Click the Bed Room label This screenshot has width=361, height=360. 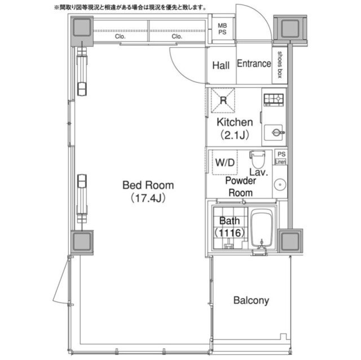148,185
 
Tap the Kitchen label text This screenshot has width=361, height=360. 235,122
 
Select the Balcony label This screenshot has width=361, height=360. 251,300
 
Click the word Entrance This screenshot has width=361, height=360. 254,64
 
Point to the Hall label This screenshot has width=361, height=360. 221,65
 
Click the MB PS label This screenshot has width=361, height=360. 222,29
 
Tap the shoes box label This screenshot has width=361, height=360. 280,65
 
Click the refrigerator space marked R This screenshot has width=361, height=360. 223,100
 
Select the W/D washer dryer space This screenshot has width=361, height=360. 224,162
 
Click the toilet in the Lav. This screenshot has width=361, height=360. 257,159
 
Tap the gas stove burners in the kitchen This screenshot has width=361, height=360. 274,100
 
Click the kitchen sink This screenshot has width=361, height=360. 274,132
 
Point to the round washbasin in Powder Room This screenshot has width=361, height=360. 280,184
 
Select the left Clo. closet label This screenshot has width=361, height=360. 120,37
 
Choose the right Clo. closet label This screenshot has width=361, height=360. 177,37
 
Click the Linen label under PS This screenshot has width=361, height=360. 280,162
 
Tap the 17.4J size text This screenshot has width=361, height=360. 148,198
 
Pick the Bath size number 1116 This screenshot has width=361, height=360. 230,233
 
